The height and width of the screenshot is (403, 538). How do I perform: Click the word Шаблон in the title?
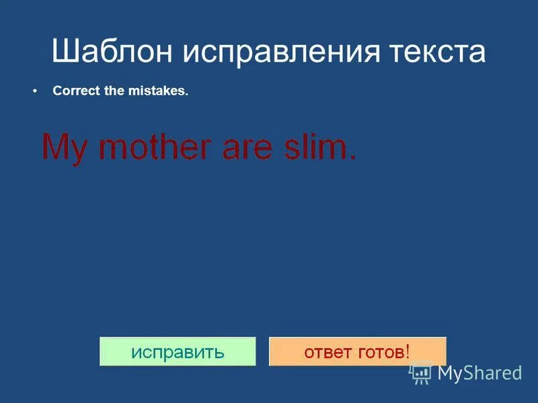pos(114,52)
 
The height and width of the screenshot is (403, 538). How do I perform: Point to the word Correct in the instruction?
pos(77,91)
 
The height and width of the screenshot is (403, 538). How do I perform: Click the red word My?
pos(65,146)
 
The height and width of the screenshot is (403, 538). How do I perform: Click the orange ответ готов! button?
pos(357,351)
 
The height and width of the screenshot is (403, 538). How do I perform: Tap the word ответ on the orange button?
pos(327,352)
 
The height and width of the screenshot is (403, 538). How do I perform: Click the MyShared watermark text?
pos(479,373)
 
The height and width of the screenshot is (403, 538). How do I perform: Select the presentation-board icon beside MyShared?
pos(422,373)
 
